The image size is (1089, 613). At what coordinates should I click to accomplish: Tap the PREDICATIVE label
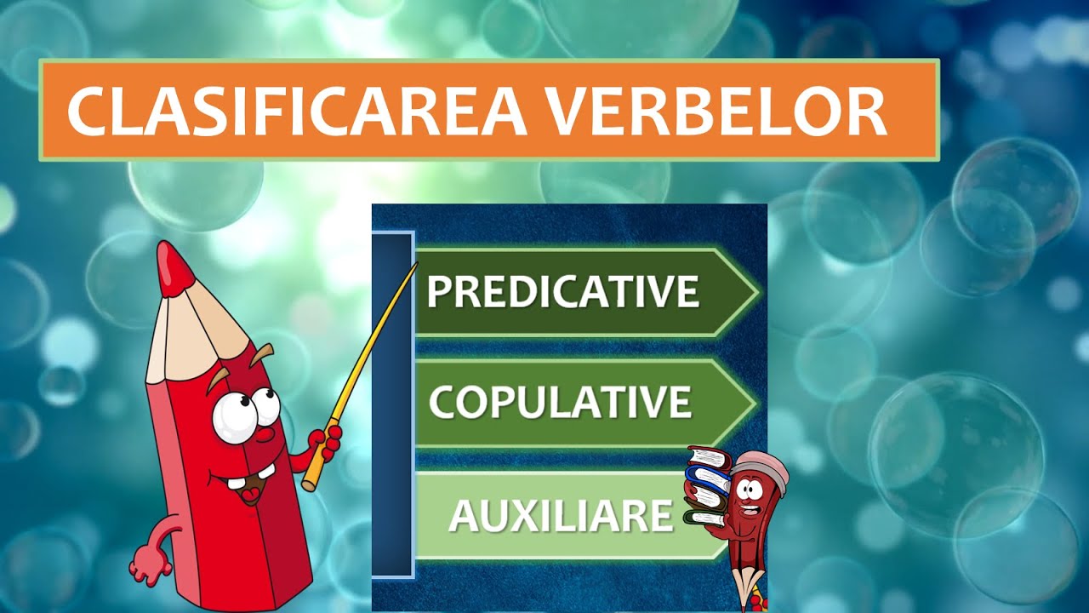(x=562, y=292)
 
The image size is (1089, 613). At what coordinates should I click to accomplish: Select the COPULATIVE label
(x=560, y=402)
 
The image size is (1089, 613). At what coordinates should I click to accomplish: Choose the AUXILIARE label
(x=561, y=515)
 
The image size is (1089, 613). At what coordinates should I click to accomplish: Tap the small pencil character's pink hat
(x=760, y=464)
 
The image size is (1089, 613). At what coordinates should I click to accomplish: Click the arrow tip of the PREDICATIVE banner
(x=749, y=292)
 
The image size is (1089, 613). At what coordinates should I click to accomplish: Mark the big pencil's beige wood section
(x=191, y=332)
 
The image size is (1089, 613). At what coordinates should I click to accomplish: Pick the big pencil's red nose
(x=264, y=434)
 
